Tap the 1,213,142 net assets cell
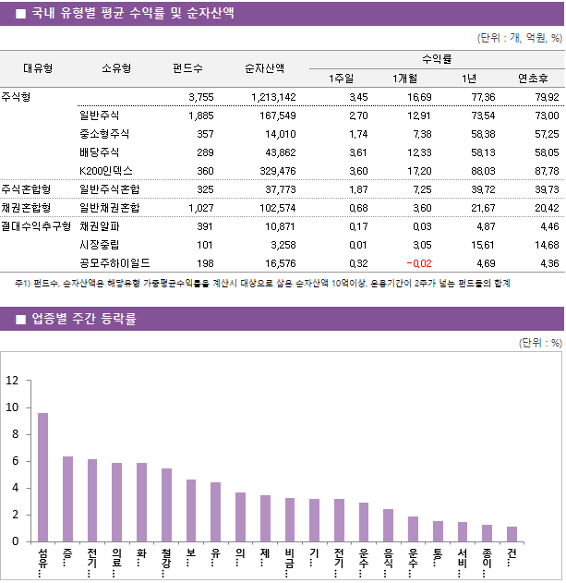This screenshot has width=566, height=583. pyautogui.click(x=272, y=97)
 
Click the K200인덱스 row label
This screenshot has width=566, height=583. pyautogui.click(x=106, y=171)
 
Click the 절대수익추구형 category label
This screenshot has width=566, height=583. pyautogui.click(x=36, y=225)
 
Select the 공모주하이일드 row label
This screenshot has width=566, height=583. pyautogui.click(x=114, y=263)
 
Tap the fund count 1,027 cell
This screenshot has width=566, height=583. pyautogui.click(x=199, y=207)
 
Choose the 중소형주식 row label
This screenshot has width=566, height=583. pyautogui.click(x=106, y=134)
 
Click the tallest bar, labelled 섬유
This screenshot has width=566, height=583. pyautogui.click(x=42, y=477)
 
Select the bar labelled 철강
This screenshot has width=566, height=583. pyautogui.click(x=166, y=504)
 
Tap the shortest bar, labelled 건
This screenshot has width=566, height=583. pyautogui.click(x=512, y=534)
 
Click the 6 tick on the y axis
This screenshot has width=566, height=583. pyautogui.click(x=14, y=461)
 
